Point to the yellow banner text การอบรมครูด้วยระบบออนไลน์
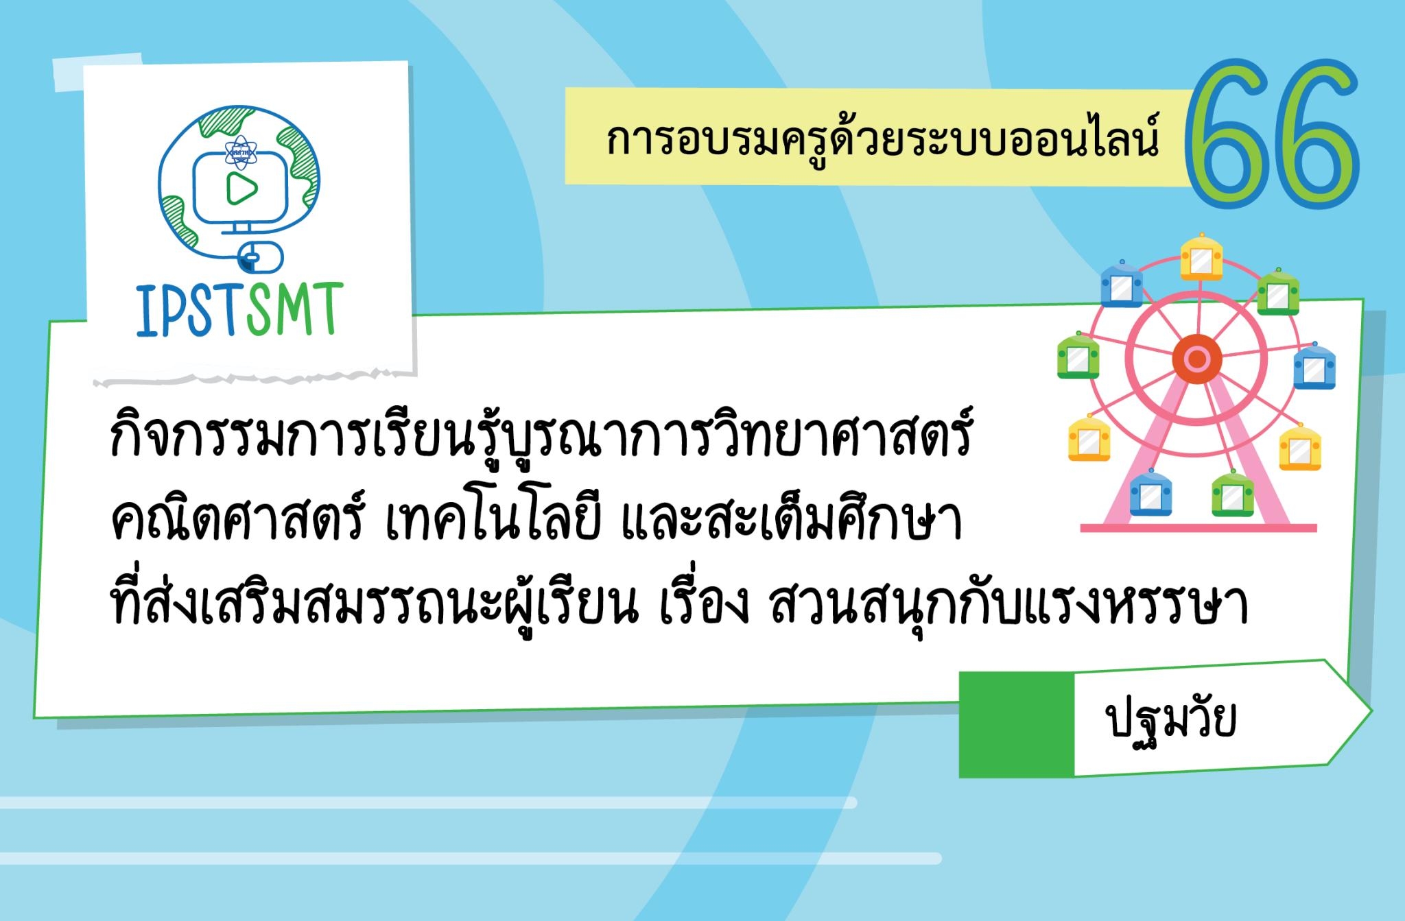(882, 140)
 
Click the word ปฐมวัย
(1173, 721)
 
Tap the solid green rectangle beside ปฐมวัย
(1016, 724)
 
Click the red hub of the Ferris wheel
(1198, 359)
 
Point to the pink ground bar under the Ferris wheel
(1198, 528)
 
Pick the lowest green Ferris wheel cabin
(1233, 493)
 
